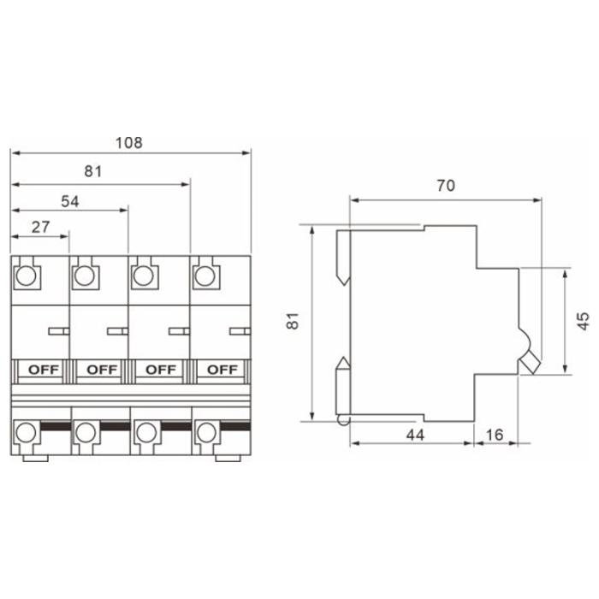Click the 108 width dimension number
129,143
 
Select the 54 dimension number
70,201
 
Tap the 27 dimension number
40,228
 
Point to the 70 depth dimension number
446,186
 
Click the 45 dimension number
584,321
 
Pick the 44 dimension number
415,435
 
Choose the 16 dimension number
495,435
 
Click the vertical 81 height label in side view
293,321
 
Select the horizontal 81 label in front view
93,171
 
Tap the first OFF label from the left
44,370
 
